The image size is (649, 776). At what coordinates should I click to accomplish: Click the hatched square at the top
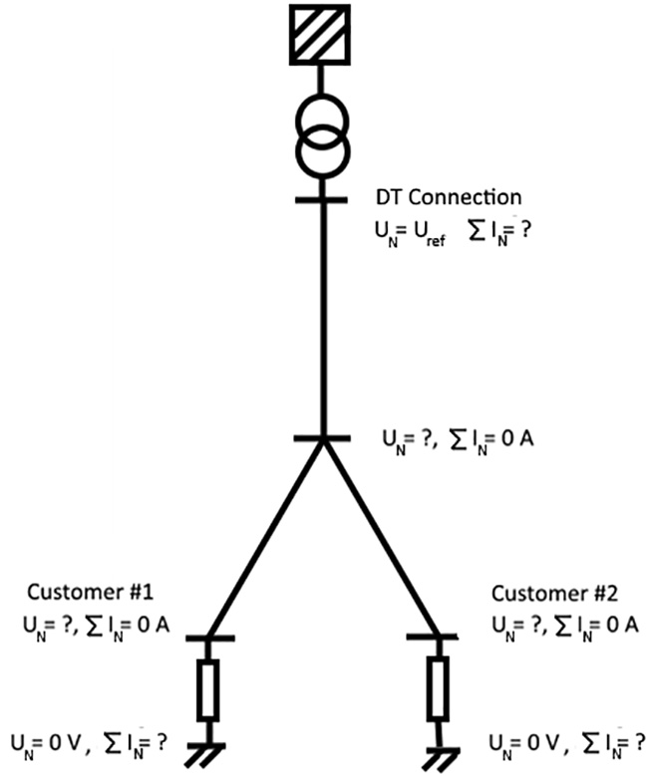(321, 35)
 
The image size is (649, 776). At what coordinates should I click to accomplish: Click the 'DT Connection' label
(448, 198)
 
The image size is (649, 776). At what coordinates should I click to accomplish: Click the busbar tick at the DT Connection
(321, 199)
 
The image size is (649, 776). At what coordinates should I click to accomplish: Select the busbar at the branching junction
(321, 437)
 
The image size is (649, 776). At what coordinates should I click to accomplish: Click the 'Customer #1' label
(90, 595)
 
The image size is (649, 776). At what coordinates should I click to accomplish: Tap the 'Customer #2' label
(554, 595)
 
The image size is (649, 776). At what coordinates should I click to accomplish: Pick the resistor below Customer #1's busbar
(207, 690)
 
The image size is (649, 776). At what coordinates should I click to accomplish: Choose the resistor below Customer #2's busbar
(437, 690)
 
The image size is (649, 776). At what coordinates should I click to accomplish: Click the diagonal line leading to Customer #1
(264, 538)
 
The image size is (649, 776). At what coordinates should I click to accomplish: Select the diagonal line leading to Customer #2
(380, 538)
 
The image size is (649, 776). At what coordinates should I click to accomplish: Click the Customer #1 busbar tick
(207, 637)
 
